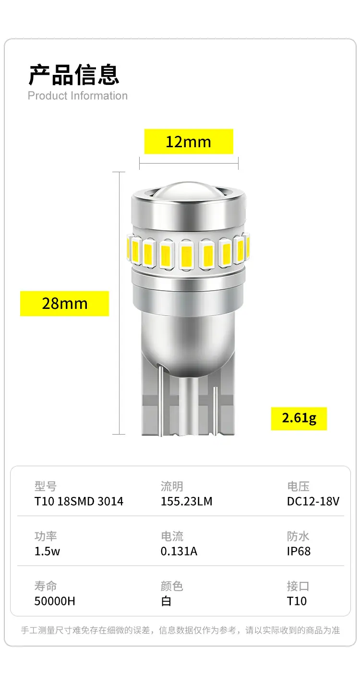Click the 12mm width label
click(x=189, y=142)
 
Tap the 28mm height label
click(x=64, y=304)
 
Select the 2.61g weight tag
click(x=299, y=418)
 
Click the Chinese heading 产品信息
click(x=73, y=74)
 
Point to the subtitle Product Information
click(x=78, y=95)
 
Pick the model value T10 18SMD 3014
click(x=79, y=501)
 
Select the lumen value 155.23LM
click(x=186, y=501)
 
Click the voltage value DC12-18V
click(x=313, y=501)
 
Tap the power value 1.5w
click(x=47, y=551)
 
